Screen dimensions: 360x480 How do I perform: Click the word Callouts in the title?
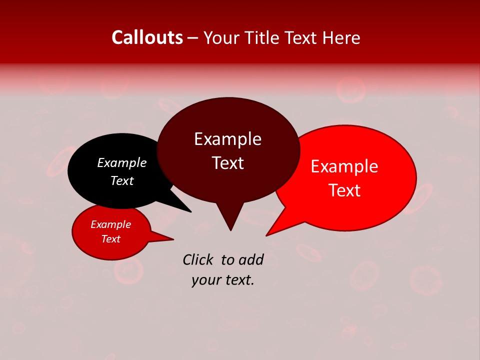(147, 37)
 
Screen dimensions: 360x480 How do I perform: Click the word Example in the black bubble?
(122, 162)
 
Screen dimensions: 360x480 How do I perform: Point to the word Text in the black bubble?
(122, 180)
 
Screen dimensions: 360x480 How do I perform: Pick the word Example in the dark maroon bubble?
(227, 139)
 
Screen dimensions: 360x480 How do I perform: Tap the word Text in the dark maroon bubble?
(227, 163)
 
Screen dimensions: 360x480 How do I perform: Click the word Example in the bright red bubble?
(344, 166)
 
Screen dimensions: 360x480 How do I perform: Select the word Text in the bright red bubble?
(344, 190)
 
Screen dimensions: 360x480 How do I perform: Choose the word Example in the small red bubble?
(110, 224)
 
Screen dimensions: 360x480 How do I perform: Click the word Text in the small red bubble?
(110, 239)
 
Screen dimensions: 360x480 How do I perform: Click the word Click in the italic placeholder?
(198, 259)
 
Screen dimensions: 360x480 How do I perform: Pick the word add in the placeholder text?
(251, 259)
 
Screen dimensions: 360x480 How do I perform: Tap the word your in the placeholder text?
(205, 280)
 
